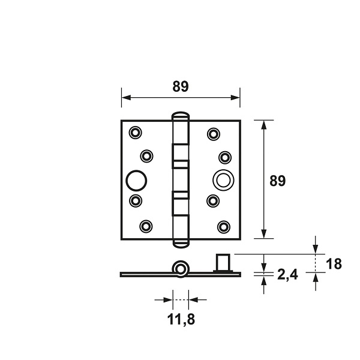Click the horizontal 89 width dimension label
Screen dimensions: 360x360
[x=181, y=86]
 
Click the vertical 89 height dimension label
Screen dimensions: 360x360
[x=277, y=181]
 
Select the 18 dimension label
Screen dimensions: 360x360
[x=334, y=263]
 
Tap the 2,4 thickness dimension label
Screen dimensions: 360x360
[x=287, y=275]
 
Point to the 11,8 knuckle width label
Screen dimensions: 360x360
[x=181, y=319]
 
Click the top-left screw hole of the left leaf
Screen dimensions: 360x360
[x=135, y=133]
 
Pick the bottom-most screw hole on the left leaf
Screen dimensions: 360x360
[x=146, y=226]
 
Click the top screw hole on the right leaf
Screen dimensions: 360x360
[x=214, y=134]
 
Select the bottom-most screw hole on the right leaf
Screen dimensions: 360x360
[x=224, y=227]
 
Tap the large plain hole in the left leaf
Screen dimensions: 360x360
[x=136, y=181]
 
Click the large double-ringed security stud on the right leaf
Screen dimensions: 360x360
[x=223, y=180]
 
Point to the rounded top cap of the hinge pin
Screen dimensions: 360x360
[x=181, y=116]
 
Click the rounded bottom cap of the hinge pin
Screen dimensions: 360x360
[x=181, y=244]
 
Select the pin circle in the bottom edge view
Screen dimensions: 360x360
[x=181, y=269]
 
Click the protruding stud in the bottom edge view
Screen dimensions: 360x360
[x=223, y=263]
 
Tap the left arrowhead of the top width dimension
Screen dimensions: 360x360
[x=126, y=97]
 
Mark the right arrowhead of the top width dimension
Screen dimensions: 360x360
[x=235, y=97]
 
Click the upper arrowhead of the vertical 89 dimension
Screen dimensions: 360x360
[x=264, y=125]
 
